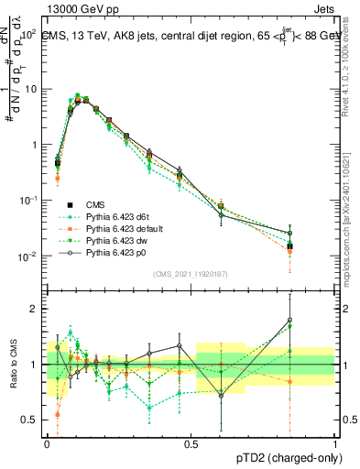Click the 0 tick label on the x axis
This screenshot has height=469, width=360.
(x=47, y=442)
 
